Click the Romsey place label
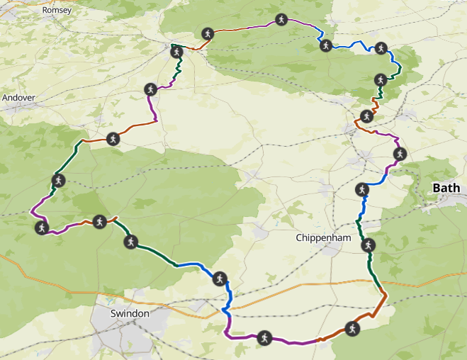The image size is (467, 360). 57,11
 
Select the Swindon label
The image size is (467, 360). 130,313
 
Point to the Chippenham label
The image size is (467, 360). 323,238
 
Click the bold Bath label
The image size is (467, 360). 446,188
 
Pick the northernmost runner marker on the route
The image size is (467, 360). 281,20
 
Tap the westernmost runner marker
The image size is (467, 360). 41,227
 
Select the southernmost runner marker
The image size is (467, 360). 264,337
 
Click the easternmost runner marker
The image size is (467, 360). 399,154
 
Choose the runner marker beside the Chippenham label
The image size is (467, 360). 367,246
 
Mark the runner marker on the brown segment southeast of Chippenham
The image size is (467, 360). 351,327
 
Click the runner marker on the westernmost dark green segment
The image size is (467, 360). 58,180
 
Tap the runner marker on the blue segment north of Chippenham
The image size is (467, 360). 361,189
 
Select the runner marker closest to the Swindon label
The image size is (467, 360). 130,242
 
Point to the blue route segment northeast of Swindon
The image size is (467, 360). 191,265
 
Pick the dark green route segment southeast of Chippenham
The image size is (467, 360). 371,266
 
